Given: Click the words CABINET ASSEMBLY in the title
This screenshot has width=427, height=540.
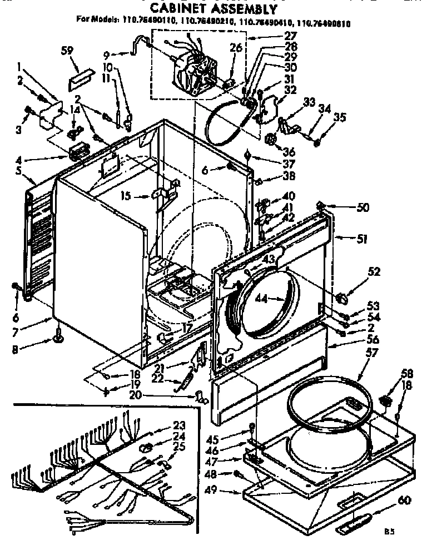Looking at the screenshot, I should pyautogui.click(x=213, y=9).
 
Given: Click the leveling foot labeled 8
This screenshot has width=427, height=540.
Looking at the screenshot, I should pyautogui.click(x=57, y=336).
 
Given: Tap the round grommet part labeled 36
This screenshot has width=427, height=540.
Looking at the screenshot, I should pyautogui.click(x=271, y=139).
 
